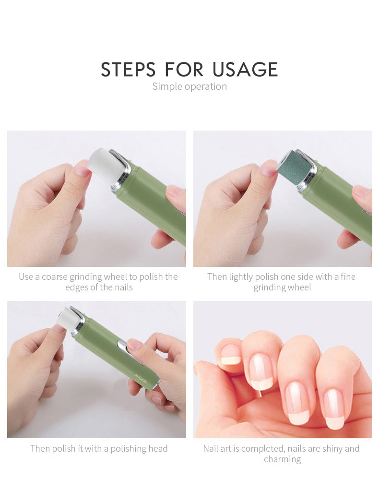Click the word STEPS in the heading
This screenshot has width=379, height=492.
128,69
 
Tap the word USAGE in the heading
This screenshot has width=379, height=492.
245,69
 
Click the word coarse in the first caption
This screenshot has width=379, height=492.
55,277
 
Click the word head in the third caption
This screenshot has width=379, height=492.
158,448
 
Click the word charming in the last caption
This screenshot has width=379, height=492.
283,459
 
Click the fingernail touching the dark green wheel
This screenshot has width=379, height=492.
269,168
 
